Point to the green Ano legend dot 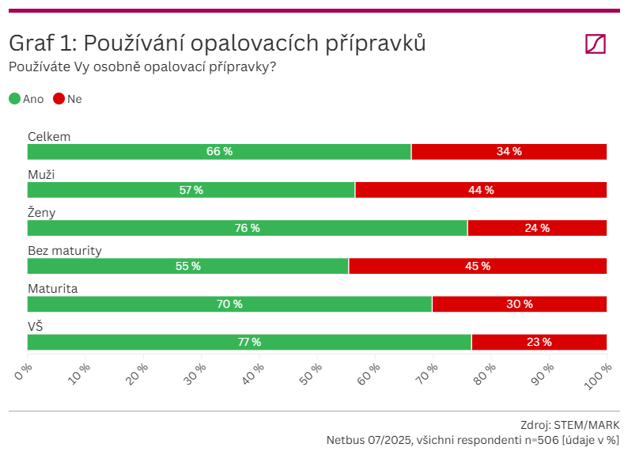[14, 99]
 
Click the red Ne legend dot [59, 99]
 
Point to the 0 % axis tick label [24, 372]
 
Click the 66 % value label [219, 152]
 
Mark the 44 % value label [481, 190]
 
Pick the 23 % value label [539, 342]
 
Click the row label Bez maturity [65, 251]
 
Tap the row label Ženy [41, 213]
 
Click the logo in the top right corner [595, 44]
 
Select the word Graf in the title [30, 44]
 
